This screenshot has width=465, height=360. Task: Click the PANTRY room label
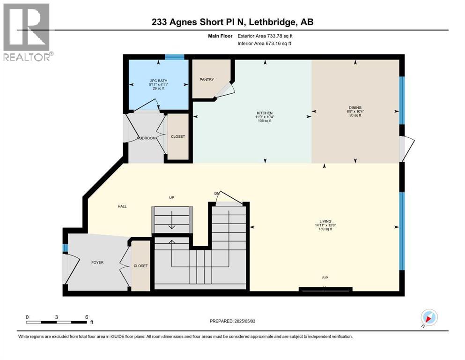pyautogui.click(x=207, y=80)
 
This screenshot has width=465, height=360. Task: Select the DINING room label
pyautogui.click(x=354, y=107)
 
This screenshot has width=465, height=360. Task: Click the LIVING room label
pyautogui.click(x=325, y=221)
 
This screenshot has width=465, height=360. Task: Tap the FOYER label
pyautogui.click(x=97, y=262)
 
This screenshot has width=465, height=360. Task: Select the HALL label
pyautogui.click(x=123, y=206)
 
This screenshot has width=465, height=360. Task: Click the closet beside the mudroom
pyautogui.click(x=178, y=137)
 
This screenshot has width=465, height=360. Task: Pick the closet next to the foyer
pyautogui.click(x=140, y=266)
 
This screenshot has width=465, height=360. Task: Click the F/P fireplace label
pyautogui.click(x=325, y=278)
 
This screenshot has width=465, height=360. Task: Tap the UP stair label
pyautogui.click(x=171, y=198)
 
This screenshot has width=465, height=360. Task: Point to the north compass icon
pyautogui.click(x=428, y=318)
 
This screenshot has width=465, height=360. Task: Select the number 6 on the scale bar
pyautogui.click(x=87, y=317)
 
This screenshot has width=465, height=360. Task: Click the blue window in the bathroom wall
pyautogui.click(x=174, y=57)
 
